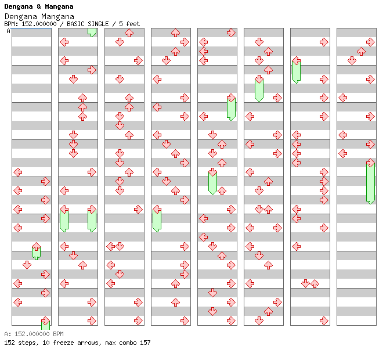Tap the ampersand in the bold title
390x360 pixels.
(x=37, y=6)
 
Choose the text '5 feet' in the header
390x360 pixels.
(x=130, y=24)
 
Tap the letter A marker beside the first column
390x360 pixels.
(x=8, y=31)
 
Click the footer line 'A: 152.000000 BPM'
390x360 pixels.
(x=34, y=334)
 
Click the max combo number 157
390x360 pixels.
(x=145, y=343)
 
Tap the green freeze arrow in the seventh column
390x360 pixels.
(x=296, y=70)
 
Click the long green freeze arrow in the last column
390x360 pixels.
(x=370, y=182)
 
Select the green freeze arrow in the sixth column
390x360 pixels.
(x=259, y=89)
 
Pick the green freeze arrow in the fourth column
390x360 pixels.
(x=157, y=219)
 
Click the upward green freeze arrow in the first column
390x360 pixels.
(x=36, y=251)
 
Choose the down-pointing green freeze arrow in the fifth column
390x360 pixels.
(x=212, y=181)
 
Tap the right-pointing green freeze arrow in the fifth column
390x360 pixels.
(x=231, y=107)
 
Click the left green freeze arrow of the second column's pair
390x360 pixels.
(x=64, y=219)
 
